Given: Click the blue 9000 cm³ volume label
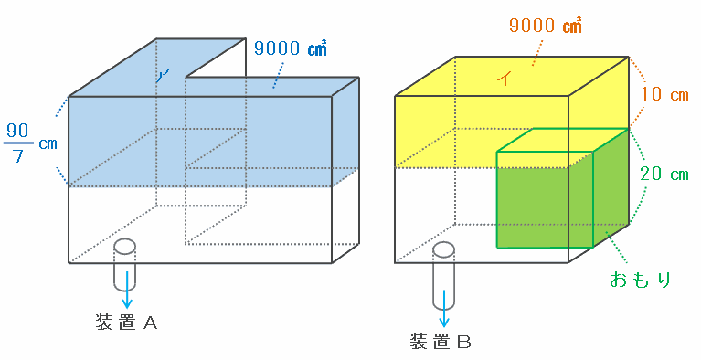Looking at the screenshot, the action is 291,48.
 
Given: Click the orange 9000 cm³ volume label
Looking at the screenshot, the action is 546,25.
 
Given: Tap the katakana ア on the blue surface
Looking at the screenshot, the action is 163,75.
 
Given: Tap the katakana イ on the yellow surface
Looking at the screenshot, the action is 505,79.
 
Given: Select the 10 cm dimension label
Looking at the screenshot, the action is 664,95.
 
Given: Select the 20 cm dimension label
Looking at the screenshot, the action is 664,174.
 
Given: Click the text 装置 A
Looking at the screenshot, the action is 126,322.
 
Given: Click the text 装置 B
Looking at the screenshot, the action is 441,342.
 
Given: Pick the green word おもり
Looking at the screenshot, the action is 640,280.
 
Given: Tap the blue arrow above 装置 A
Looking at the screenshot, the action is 127,290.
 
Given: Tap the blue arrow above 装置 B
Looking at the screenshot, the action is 444,309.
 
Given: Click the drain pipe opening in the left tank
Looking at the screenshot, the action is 124,246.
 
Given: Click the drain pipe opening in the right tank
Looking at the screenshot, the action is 443,249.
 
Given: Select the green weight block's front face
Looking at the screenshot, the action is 545,199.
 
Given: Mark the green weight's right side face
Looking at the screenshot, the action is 611,188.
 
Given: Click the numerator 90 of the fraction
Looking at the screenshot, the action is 17,131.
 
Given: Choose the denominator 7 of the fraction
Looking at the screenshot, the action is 17,155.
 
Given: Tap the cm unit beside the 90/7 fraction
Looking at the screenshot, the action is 48,144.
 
